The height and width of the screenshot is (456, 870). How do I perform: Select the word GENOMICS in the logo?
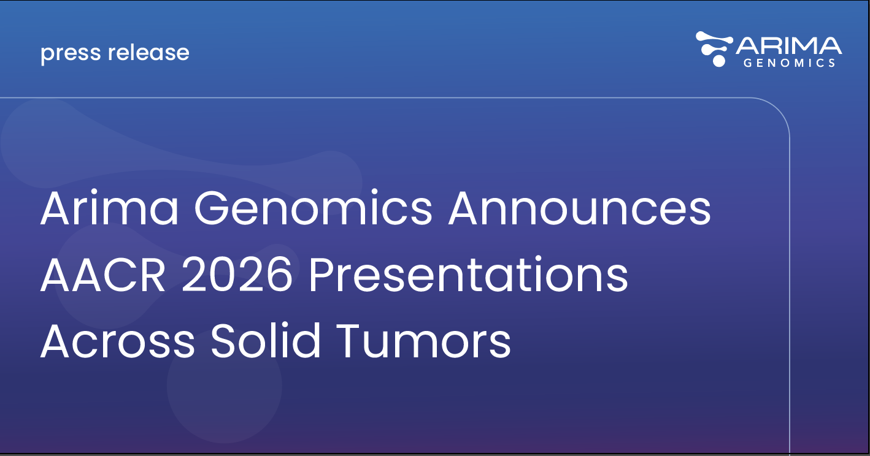pyautogui.click(x=789, y=63)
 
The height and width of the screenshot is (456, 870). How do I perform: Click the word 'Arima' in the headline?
pyautogui.click(x=109, y=208)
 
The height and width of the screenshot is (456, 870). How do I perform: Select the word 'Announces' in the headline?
pyautogui.click(x=579, y=208)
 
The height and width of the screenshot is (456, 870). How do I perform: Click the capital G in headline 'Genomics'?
pyautogui.click(x=217, y=208)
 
